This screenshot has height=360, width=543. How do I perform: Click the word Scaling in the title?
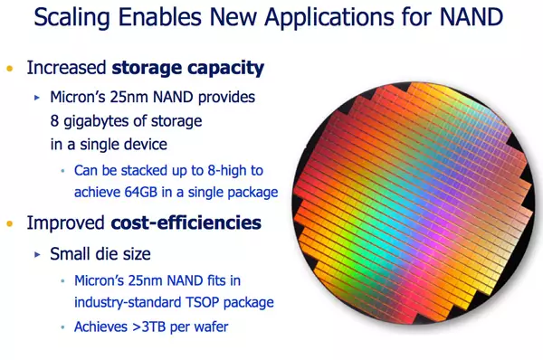click(x=72, y=17)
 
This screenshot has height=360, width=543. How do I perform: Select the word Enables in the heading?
click(x=160, y=16)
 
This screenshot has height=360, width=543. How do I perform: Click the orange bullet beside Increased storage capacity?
click(x=10, y=68)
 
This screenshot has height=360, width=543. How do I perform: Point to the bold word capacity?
click(x=225, y=69)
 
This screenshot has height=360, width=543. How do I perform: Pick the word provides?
click(x=226, y=98)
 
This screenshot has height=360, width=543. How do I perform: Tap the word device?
click(x=146, y=144)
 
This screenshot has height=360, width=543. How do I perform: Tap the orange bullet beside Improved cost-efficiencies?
click(x=10, y=223)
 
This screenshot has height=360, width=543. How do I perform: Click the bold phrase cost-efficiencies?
click(x=186, y=223)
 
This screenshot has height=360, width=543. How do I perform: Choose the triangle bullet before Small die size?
click(x=37, y=254)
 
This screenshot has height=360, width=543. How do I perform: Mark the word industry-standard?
click(x=128, y=302)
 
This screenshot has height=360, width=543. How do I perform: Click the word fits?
click(x=216, y=280)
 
